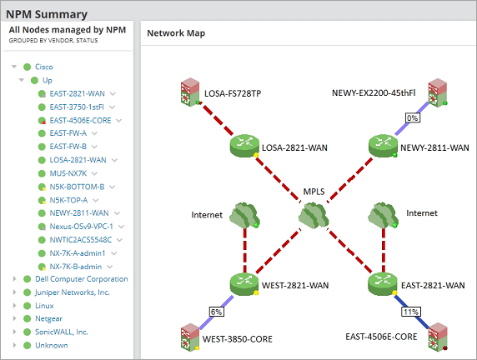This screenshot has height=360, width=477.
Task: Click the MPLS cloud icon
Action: point(313,215)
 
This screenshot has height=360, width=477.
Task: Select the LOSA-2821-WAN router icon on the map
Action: point(244,147)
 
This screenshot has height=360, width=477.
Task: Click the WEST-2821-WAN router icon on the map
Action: point(244,284)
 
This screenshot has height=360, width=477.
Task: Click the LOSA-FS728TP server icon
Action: point(191,92)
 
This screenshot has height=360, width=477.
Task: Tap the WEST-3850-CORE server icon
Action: point(191,338)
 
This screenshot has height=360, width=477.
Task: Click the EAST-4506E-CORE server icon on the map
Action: point(435,338)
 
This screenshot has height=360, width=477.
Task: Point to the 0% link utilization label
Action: point(411,118)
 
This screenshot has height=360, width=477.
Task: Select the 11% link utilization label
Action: point(409,311)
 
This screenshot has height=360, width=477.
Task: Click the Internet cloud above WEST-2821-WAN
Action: point(244,215)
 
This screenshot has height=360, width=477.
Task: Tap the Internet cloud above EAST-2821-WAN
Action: point(382,215)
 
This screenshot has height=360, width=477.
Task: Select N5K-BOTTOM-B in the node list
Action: point(77,187)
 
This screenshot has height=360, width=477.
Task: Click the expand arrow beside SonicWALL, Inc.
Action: point(14,332)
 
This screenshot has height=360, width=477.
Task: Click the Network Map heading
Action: point(176,33)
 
